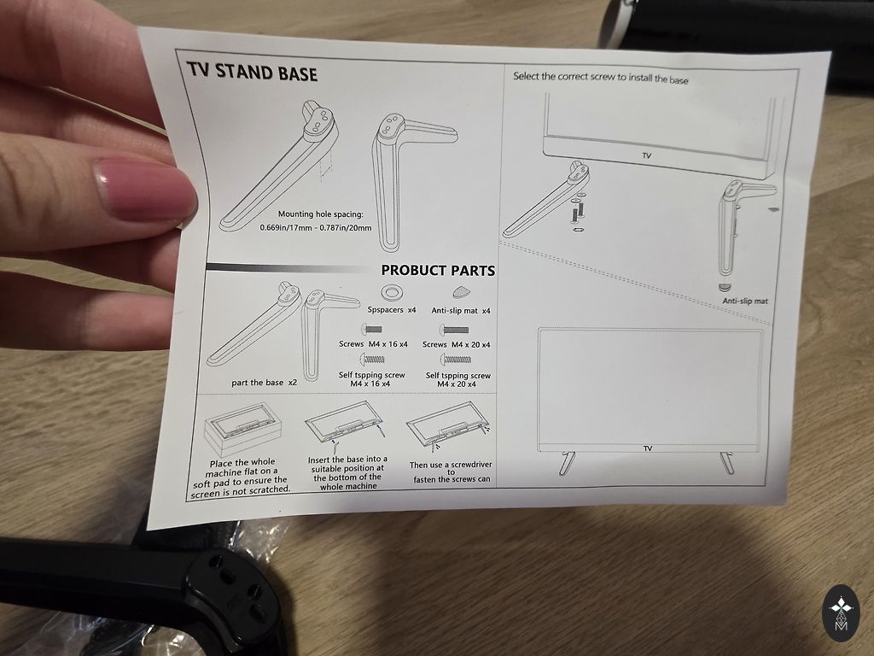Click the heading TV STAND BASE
point(252,72)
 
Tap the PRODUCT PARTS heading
point(438,271)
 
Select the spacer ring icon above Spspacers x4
point(390,291)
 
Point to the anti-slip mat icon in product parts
point(461,292)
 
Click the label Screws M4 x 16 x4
point(373,344)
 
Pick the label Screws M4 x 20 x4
point(456,345)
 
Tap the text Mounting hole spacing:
point(321,214)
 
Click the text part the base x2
point(265,383)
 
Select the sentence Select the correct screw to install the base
point(600,78)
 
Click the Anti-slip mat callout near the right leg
point(744,301)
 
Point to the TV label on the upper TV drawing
point(647,155)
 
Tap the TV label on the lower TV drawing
point(648,448)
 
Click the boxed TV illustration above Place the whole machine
point(242,429)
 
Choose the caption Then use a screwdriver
point(451,471)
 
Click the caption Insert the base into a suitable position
point(348,472)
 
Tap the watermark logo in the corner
point(840,613)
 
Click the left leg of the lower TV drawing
point(567,463)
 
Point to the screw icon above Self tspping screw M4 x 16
point(373,360)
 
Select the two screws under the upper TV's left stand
point(578,211)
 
